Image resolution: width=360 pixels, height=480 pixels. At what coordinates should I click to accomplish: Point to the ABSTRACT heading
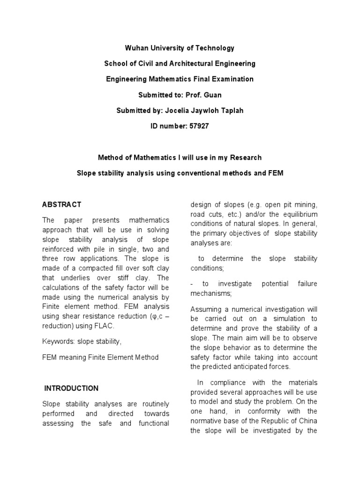click(x=61, y=204)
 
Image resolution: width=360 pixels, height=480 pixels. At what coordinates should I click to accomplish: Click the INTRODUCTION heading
click(x=71, y=388)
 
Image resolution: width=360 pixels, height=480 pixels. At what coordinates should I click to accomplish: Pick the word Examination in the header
click(x=231, y=79)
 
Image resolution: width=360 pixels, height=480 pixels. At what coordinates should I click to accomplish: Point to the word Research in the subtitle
click(x=245, y=157)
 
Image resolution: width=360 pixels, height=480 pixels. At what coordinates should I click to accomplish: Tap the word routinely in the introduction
click(x=153, y=404)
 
